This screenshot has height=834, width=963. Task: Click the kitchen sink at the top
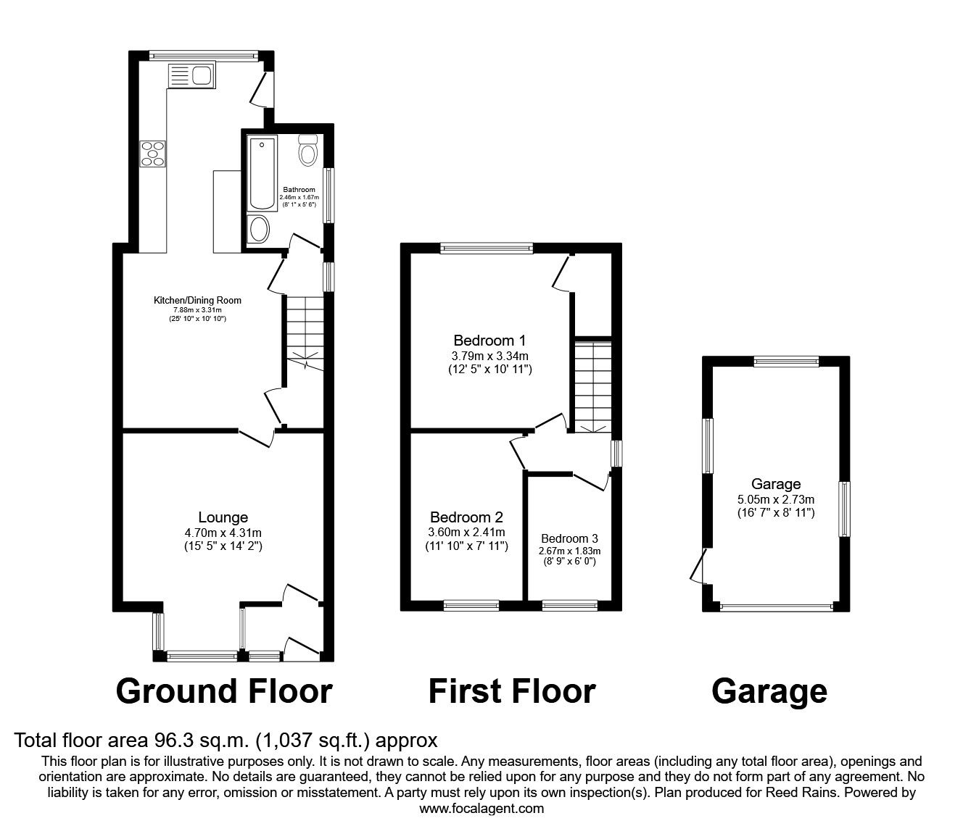point(190,75)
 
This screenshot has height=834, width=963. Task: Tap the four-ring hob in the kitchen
point(153,154)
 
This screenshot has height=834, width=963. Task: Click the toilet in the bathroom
point(308,151)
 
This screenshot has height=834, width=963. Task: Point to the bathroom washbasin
point(258,230)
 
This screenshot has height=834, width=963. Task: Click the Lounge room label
point(223,517)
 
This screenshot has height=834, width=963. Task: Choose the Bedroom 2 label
point(466,517)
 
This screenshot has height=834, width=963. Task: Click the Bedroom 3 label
point(569,538)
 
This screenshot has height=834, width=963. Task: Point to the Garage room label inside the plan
point(775,484)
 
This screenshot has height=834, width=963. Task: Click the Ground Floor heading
point(224,691)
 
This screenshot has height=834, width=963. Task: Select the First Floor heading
point(511,691)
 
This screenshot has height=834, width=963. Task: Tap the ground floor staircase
point(304,333)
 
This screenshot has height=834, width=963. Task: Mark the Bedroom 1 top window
point(487,249)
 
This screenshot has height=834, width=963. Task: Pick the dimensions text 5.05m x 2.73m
point(775,499)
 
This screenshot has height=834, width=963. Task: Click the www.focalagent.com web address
point(481,808)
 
